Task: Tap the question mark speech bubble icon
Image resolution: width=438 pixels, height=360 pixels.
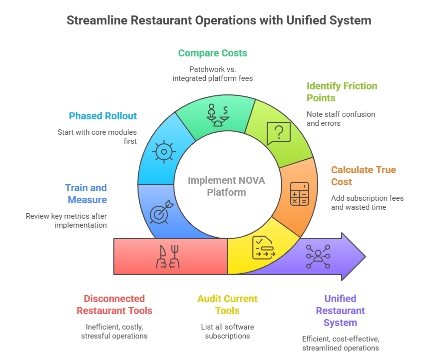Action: point(278,133)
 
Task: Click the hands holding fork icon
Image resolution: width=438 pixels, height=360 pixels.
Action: point(168,257)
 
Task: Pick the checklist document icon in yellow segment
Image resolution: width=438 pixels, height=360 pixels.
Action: point(264,248)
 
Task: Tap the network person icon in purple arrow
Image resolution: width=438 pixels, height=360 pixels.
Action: point(318,257)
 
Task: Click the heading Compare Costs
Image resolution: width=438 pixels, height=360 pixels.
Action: point(212,53)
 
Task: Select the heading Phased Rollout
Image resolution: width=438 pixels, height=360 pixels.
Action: point(103,116)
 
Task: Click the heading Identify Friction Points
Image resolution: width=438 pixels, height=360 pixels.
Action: point(342,92)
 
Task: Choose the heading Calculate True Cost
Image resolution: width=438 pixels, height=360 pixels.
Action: point(363,176)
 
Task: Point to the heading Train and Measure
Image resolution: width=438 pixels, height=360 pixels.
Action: point(86,194)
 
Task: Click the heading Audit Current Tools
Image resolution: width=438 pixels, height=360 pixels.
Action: point(227,305)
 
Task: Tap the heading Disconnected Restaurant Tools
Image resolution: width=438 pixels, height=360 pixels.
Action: point(114,305)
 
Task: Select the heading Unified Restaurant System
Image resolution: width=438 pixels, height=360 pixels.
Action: point(340,311)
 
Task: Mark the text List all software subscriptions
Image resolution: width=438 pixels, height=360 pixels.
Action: point(227,332)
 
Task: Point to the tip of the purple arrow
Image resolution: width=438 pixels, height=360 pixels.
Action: point(365,257)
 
